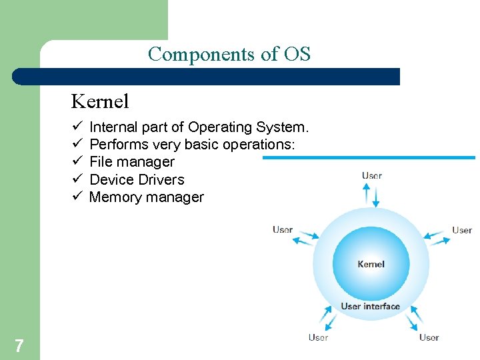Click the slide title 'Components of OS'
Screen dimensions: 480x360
click(x=229, y=54)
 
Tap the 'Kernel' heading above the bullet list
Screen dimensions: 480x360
click(x=100, y=101)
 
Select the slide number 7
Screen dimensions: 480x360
click(x=19, y=345)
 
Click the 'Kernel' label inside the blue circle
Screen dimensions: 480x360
click(x=371, y=264)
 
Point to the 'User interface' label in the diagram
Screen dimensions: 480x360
click(x=370, y=307)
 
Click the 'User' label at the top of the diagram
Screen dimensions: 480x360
click(x=371, y=176)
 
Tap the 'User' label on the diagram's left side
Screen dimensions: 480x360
click(x=283, y=229)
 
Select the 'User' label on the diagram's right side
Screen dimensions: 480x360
click(x=461, y=230)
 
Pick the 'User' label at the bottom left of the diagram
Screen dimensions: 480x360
click(x=318, y=337)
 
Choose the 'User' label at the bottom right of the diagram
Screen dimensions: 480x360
click(x=429, y=337)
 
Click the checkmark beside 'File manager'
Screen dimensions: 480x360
click(x=77, y=161)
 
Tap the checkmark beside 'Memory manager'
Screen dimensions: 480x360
click(x=77, y=197)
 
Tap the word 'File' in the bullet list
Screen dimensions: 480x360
click(x=100, y=162)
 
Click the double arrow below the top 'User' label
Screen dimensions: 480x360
click(x=371, y=195)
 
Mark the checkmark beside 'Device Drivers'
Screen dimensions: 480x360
click(x=77, y=179)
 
